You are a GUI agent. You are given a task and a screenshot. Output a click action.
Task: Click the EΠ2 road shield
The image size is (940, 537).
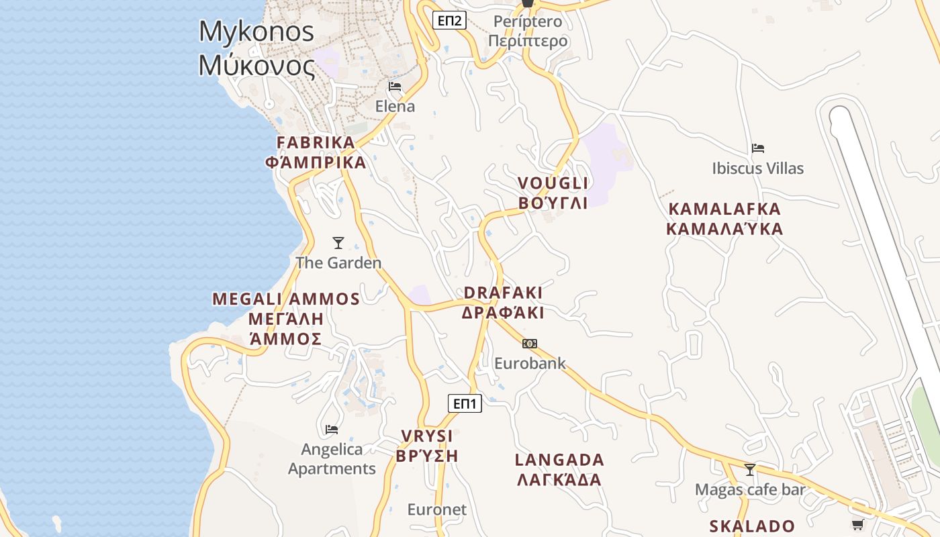449,20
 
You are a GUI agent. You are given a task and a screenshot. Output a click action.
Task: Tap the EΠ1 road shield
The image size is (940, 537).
465,403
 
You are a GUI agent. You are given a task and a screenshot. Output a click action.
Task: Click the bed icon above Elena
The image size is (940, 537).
395,87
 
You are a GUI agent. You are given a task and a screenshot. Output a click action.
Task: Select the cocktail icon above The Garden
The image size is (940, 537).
338,243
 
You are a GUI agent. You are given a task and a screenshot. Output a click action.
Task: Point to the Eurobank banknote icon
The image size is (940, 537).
530,344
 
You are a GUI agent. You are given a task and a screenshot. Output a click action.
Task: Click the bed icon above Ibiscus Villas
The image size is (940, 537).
758,148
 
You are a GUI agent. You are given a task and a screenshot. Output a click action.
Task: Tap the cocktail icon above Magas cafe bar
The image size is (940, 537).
750,470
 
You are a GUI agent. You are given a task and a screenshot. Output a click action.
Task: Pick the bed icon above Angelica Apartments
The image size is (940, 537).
331,430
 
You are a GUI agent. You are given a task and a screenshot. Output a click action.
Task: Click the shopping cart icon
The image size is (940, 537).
857,525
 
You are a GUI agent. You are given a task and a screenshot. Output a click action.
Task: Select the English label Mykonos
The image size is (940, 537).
256,32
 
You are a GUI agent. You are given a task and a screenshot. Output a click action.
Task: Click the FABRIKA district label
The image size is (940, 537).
316,142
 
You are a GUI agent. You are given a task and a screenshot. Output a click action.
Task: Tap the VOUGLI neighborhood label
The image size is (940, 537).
553,183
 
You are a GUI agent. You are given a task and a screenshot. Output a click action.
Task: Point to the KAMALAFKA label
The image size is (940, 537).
724,209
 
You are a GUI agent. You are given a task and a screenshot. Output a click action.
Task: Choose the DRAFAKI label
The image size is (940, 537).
503,293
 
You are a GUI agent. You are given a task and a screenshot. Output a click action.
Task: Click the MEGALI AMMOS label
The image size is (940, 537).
286,299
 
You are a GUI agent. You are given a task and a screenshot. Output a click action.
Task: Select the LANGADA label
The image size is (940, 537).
559,460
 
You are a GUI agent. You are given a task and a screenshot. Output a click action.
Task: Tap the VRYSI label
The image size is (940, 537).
427,436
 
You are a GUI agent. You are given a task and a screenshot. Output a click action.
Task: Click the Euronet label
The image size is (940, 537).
436,509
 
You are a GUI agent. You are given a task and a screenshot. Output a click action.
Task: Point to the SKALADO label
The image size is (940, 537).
752,526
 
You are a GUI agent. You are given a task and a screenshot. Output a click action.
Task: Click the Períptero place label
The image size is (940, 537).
528,21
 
